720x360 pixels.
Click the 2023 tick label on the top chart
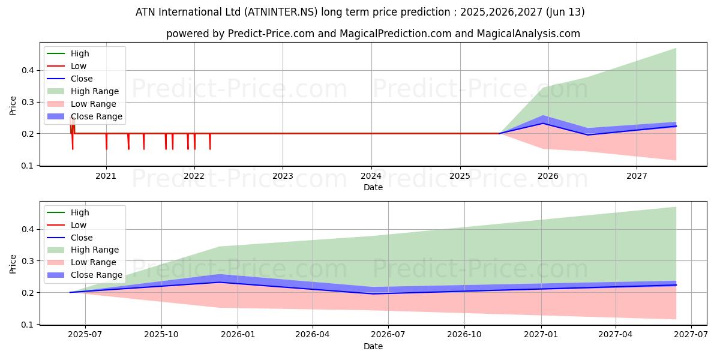[x=283, y=176]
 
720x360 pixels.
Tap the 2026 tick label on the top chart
[x=548, y=176]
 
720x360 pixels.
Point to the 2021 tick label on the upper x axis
[x=106, y=176]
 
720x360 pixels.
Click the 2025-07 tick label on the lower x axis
[x=85, y=335]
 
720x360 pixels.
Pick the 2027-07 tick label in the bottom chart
[x=691, y=335]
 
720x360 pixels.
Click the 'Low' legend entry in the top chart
[x=79, y=66]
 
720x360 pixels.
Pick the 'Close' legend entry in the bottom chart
[x=82, y=238]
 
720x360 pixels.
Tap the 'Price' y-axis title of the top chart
[x=13, y=106]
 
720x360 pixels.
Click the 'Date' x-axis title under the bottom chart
[x=373, y=346]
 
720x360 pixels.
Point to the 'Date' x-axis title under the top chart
[x=373, y=187]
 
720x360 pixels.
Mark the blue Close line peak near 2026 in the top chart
[x=544, y=123]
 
